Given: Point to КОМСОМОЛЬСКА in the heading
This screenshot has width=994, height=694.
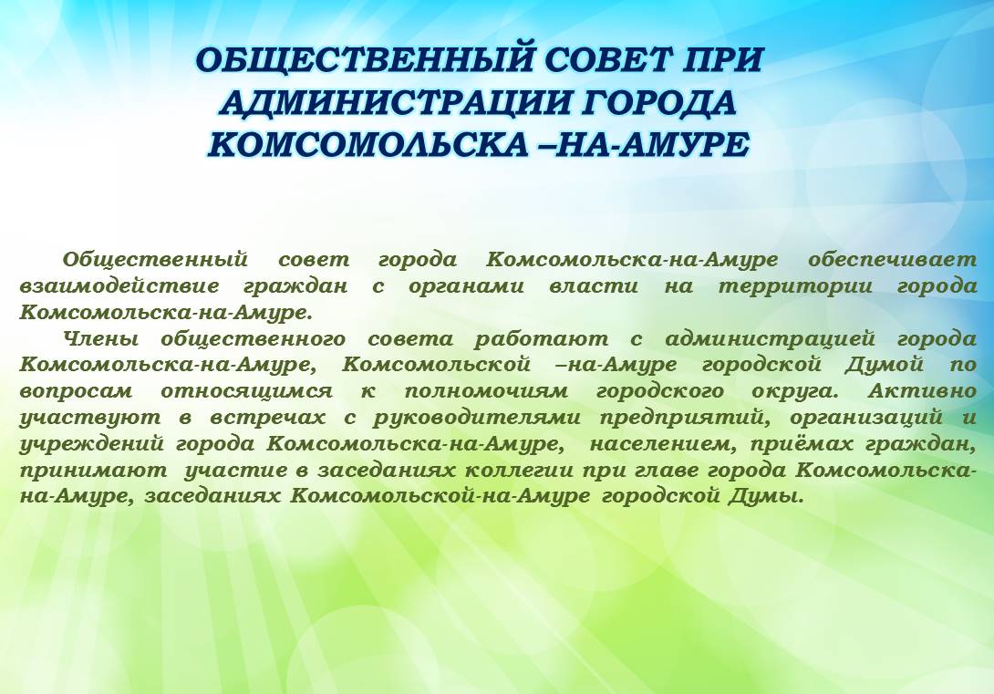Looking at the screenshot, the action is (367, 144).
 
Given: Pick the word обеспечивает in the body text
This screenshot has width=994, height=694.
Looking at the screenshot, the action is (893, 259).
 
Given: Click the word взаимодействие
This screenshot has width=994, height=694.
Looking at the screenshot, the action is (119, 285).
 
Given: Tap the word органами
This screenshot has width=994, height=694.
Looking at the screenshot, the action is (466, 286).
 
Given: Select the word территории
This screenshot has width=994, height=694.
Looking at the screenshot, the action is (795, 286).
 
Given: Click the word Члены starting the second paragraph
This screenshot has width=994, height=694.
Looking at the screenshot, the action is (100, 339).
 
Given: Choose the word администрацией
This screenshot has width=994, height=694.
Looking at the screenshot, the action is (771, 340).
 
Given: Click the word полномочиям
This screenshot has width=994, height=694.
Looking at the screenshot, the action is (486, 391).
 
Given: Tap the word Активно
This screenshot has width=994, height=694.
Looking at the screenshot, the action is (922, 390).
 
